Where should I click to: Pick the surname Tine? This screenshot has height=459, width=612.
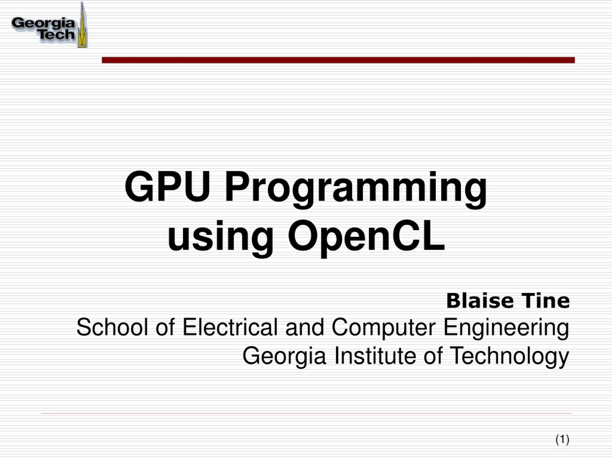point(546,301)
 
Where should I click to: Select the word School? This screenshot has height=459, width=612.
point(112,327)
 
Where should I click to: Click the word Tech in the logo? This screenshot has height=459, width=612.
point(57,34)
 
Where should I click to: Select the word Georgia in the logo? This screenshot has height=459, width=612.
point(44,23)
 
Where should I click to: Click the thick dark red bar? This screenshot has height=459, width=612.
point(338,60)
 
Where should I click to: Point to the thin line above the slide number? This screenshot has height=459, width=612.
point(306,413)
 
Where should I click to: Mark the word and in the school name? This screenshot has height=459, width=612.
point(305,327)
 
